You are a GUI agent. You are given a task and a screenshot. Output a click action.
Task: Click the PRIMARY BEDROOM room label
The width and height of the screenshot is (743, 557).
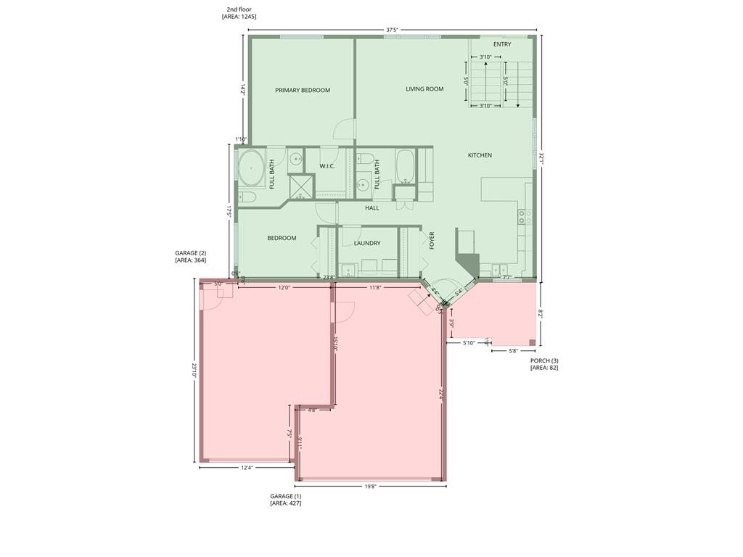[303, 91]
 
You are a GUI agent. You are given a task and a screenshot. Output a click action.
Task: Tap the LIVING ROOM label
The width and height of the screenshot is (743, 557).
[424, 89]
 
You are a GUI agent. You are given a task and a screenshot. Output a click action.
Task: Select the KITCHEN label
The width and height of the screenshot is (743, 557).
[480, 155]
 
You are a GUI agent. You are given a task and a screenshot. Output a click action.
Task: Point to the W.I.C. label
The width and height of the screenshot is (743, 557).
[327, 167]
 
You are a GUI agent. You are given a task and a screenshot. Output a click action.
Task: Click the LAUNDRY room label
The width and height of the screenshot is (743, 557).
[367, 244]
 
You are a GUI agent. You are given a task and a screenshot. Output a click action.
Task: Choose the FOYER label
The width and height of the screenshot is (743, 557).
[432, 241]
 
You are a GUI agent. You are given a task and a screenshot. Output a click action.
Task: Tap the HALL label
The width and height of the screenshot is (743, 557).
[372, 208]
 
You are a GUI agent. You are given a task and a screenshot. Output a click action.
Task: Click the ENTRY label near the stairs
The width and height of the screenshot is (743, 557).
[502, 44]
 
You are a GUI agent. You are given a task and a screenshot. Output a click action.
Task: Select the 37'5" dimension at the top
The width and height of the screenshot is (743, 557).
[392, 30]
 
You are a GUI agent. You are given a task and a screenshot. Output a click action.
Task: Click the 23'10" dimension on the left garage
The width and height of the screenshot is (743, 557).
[194, 371]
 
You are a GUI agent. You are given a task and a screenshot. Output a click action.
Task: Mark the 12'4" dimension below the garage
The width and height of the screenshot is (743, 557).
[247, 468]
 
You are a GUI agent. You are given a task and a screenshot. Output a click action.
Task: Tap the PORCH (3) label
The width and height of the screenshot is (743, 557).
[544, 360]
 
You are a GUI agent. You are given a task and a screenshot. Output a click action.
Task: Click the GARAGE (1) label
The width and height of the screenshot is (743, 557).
[285, 497]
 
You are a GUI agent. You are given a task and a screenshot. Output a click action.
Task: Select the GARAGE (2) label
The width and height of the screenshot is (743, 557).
[190, 253]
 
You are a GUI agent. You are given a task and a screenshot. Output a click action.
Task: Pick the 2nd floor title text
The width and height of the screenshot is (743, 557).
[239, 9]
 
